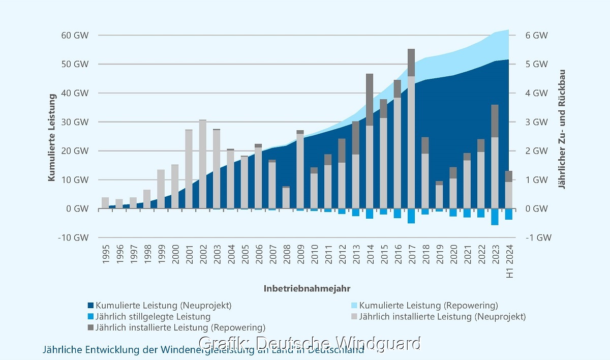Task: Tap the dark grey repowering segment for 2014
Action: (x=370, y=100)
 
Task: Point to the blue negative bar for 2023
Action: (x=495, y=217)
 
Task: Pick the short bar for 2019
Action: (x=439, y=196)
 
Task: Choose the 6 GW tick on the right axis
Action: (x=536, y=36)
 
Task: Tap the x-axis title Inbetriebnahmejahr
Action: (x=307, y=288)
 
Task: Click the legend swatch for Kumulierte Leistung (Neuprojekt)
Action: (x=91, y=306)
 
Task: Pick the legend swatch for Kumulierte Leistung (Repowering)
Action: (x=355, y=306)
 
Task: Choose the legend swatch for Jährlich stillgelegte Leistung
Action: (x=91, y=317)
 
